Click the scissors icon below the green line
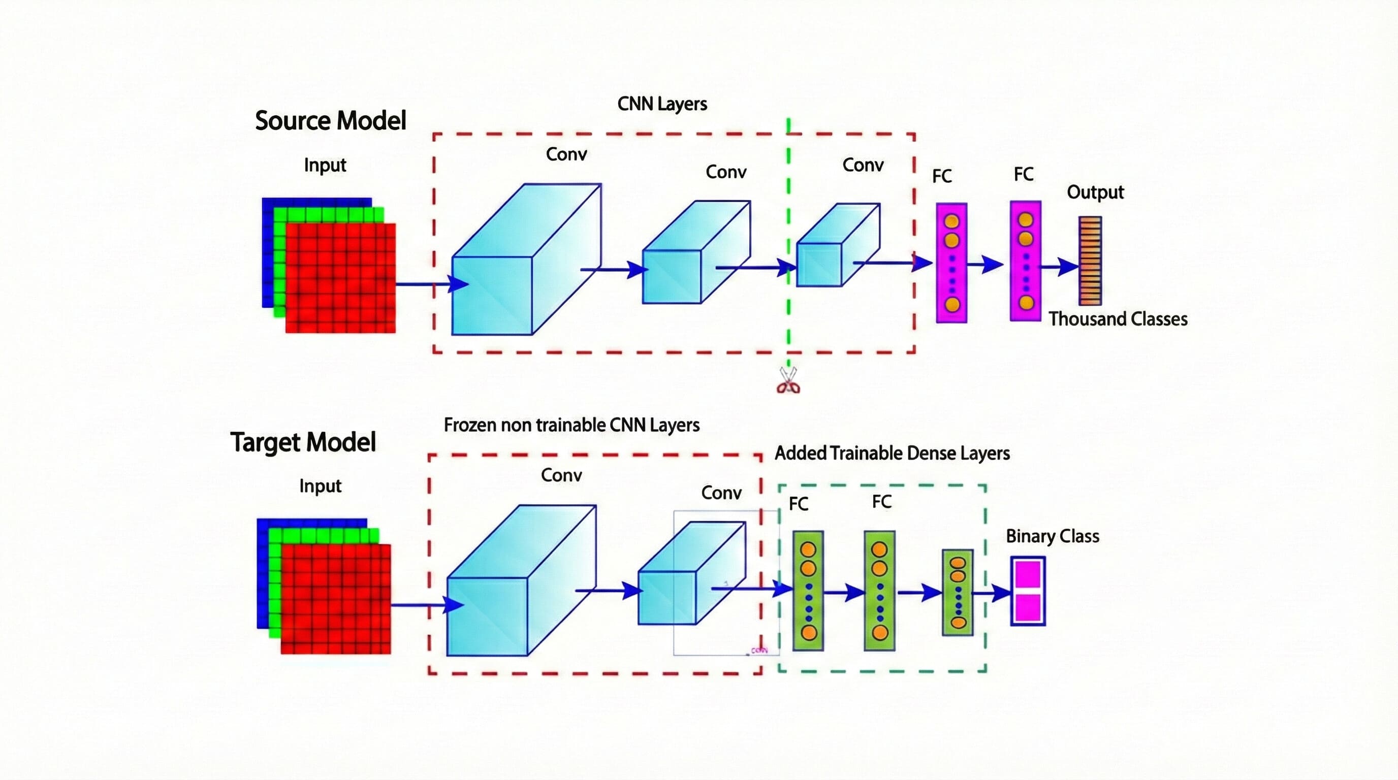[x=788, y=380]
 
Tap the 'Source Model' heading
[x=331, y=120]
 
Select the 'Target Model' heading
[x=303, y=442]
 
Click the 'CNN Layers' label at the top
[x=662, y=104]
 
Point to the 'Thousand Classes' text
[x=1118, y=319]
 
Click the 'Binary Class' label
[x=1052, y=536]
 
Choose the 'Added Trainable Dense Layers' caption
[x=892, y=453]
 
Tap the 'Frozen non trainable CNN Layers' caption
[x=571, y=425]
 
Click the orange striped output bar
[x=1090, y=261]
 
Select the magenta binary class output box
[x=1028, y=591]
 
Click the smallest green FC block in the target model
[x=958, y=592]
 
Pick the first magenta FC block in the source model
[x=951, y=263]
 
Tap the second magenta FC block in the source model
[x=1025, y=261]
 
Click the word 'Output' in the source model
[x=1095, y=192]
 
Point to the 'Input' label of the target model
[x=320, y=485]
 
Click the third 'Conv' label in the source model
[x=863, y=165]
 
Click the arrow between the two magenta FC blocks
[x=986, y=265]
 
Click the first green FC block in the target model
[x=808, y=591]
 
